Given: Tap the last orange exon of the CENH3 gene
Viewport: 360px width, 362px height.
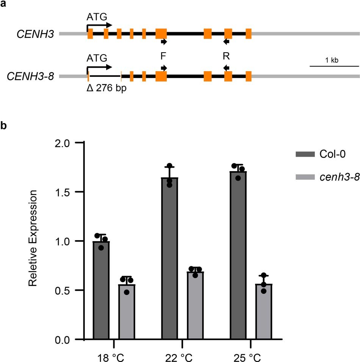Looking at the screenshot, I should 248,34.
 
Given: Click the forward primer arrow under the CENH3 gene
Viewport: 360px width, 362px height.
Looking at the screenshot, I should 164,42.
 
